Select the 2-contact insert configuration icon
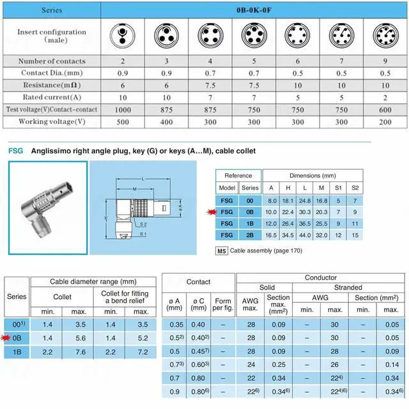pos(122,33)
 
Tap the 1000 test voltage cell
pos(122,109)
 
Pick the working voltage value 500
pos(122,121)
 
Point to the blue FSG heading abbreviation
pos(15,151)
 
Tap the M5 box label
pos(222,251)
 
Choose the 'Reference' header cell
pos(238,176)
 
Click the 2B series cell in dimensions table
pos(249,236)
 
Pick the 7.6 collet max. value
pos(80,352)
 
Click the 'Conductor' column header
pos(321,278)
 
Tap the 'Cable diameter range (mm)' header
pos(93,282)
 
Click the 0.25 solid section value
pos(278,364)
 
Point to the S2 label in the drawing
pos(143,225)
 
